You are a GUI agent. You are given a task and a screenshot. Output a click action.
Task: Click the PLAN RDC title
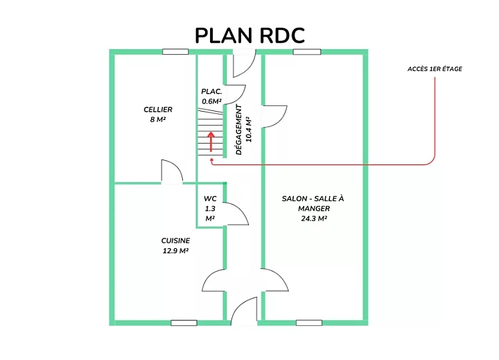click(249, 35)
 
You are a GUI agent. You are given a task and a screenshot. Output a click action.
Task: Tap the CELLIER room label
click(158, 110)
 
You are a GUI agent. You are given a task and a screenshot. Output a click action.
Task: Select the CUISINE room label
click(175, 241)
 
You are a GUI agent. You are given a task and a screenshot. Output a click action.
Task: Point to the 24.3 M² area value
click(314, 218)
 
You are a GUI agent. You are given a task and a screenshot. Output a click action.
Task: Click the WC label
click(210, 199)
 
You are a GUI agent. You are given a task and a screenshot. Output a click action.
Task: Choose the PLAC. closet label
click(211, 92)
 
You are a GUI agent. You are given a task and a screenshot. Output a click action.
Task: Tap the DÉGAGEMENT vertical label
click(239, 130)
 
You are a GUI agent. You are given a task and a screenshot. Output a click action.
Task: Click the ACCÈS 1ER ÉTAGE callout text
click(435, 69)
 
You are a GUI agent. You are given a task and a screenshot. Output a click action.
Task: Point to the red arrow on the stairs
click(211, 141)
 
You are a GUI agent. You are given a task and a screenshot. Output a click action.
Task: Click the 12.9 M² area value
click(175, 251)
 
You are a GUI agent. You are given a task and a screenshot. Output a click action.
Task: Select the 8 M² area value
click(158, 120)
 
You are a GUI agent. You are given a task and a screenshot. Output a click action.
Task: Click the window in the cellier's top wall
click(175, 51)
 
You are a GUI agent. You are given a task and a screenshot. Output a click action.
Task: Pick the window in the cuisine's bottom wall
click(184, 323)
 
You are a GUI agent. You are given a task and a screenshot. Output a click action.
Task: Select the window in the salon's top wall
click(307, 51)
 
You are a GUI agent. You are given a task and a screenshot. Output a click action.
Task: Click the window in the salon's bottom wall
click(309, 323)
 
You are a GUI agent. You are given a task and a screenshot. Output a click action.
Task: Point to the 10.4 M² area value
click(249, 130)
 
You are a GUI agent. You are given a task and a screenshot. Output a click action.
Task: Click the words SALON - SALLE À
click(313, 199)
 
